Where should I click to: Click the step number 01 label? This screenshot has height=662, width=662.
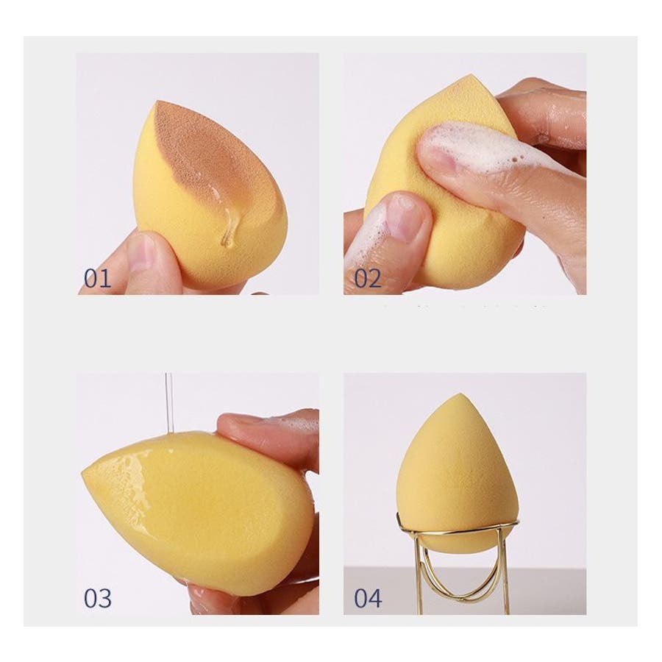click(x=98, y=278)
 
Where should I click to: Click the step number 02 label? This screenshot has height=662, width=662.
click(x=368, y=278)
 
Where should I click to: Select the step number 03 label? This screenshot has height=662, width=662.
click(x=98, y=598)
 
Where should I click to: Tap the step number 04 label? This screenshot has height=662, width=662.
click(x=369, y=598)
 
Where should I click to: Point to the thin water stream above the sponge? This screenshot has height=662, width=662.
click(x=169, y=403)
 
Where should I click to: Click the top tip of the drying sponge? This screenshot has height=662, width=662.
click(x=463, y=395)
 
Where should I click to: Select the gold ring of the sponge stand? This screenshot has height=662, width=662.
click(x=458, y=527)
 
